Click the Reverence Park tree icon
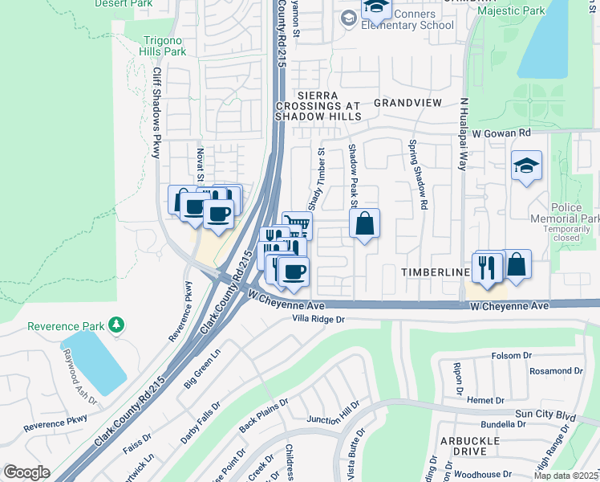(x=117, y=325)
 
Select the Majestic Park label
(x=510, y=11)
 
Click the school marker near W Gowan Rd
(x=525, y=166)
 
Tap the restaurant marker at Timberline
(x=486, y=268)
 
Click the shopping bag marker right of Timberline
(x=517, y=264)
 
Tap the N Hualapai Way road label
(x=463, y=134)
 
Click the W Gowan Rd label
(x=501, y=133)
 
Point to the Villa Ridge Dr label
(x=318, y=320)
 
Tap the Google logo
(x=26, y=472)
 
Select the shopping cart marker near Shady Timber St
(x=298, y=225)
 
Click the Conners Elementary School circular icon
(x=348, y=17)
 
